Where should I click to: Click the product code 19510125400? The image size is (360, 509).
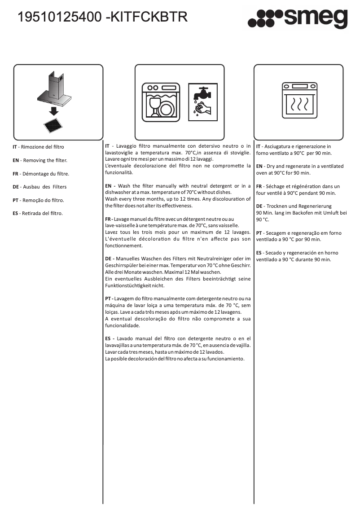59,18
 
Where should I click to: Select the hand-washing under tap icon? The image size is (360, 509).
202,101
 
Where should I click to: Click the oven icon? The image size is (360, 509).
299,100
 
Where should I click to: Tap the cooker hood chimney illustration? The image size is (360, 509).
55,87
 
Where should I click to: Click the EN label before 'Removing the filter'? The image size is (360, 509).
15,160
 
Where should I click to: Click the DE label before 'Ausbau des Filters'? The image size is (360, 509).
15,187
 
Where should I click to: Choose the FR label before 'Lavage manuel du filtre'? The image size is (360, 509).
108,219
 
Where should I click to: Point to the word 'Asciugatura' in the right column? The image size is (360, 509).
278,146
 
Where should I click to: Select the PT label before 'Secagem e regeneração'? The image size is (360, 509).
259,233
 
